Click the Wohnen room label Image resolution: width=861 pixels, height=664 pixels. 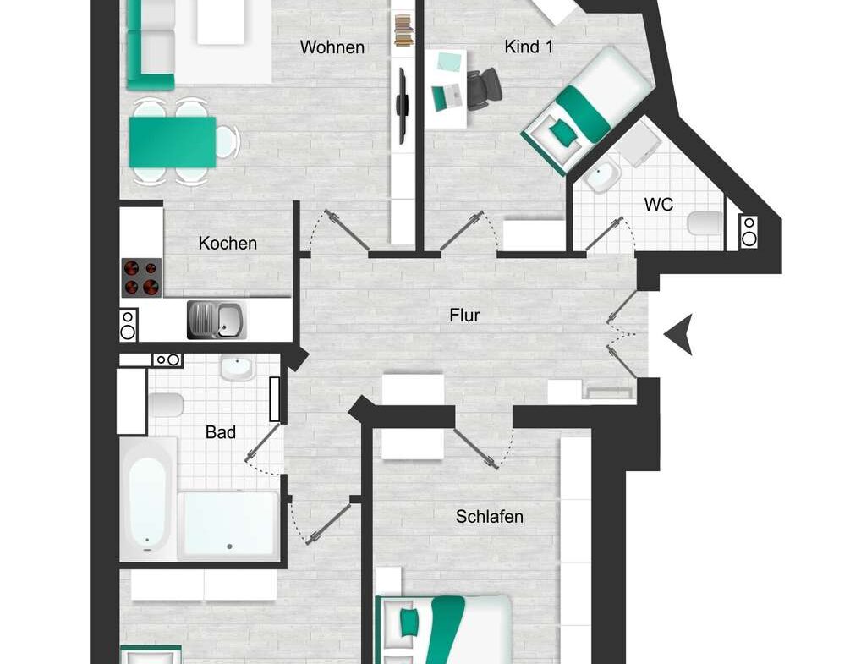click(332, 47)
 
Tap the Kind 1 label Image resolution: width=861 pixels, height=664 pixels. click(529, 47)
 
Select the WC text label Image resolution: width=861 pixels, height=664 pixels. click(658, 204)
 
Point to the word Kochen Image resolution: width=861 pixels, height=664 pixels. click(228, 244)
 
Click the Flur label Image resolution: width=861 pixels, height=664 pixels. click(465, 316)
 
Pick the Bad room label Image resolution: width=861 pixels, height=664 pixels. click(221, 432)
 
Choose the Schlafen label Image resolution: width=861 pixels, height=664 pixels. click(490, 516)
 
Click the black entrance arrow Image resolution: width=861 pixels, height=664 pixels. click(679, 334)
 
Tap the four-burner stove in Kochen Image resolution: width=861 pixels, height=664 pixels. click(141, 277)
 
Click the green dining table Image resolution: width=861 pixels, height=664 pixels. click(173, 142)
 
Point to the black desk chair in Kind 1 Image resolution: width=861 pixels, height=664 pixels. click(484, 87)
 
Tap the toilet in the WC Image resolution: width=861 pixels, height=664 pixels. click(705, 223)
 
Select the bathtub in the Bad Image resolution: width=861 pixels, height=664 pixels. click(147, 502)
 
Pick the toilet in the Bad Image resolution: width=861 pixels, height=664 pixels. click(166, 405)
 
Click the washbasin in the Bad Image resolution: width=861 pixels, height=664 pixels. click(237, 369)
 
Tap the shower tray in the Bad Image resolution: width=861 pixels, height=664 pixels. click(230, 525)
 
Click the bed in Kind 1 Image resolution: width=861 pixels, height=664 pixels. click(588, 106)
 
